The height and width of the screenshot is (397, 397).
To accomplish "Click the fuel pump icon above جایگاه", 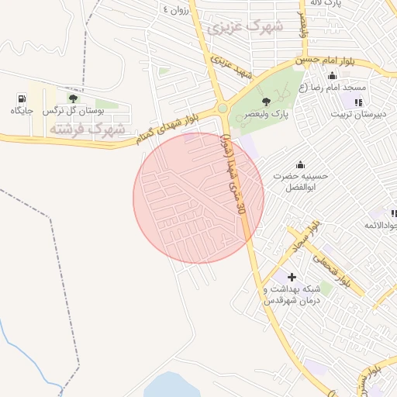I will coord(21,98).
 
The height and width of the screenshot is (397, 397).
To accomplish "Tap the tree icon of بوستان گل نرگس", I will coord(73,98).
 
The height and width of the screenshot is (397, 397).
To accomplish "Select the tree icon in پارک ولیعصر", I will coord(267,101).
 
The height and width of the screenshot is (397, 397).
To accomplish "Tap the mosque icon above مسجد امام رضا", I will coord(333,75).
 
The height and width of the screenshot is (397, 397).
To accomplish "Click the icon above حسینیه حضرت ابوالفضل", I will coord(300,164).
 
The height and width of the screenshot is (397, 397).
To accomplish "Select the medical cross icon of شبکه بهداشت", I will coord(292,277).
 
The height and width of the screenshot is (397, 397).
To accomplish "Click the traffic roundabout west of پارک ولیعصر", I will coord(223,109).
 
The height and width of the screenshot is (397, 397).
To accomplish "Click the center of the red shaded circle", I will coord(198,197).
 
